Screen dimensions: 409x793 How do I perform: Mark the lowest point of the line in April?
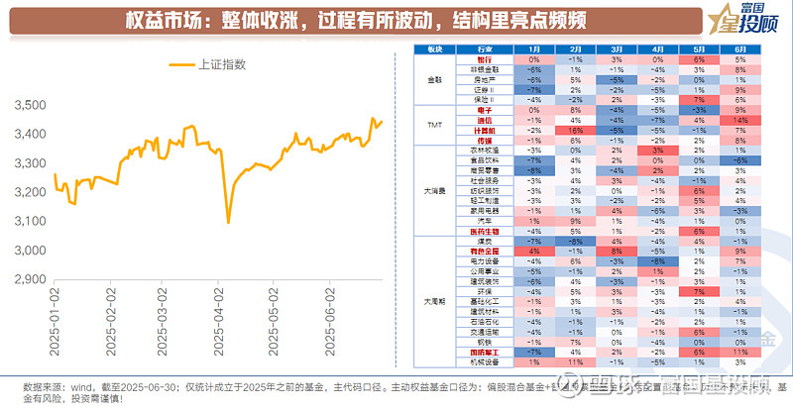[228, 222]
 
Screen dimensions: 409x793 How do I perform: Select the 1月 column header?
[534, 49]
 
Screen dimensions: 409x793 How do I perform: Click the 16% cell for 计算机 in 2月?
[575, 129]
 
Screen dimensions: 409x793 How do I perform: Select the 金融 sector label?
[434, 79]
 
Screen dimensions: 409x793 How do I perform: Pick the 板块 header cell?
[434, 49]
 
